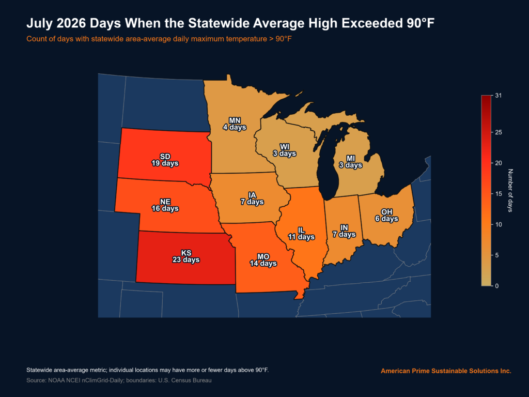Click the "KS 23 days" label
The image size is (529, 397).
(186, 256)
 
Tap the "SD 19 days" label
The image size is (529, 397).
(165, 160)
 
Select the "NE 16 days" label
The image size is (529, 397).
(165, 205)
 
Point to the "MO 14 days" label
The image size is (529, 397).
(263, 260)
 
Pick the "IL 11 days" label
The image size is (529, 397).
(301, 233)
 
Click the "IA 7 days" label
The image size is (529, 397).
(252, 198)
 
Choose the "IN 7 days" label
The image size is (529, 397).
(344, 231)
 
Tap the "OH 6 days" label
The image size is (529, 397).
(386, 215)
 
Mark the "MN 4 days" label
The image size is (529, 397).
(235, 124)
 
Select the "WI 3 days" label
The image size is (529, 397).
(285, 150)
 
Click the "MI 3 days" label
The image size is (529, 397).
(351, 162)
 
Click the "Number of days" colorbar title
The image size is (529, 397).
(510, 190)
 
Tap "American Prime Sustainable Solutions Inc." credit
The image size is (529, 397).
(446, 371)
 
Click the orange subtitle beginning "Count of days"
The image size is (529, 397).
(159, 39)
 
